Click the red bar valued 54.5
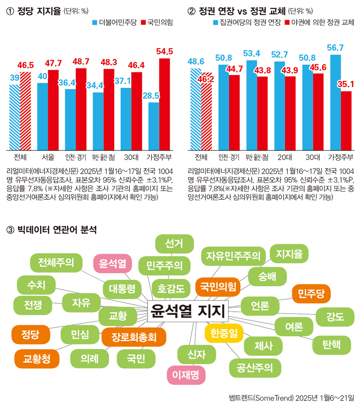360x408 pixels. tap(165, 104)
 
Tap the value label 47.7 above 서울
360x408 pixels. tap(53, 62)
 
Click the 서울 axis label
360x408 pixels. tap(48, 157)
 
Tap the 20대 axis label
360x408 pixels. tap(284, 157)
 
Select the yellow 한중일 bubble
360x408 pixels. tap(224, 333)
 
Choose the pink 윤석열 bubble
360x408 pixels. tap(112, 263)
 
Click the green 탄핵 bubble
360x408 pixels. tap(332, 345)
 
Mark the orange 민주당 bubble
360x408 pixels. tap(311, 294)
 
